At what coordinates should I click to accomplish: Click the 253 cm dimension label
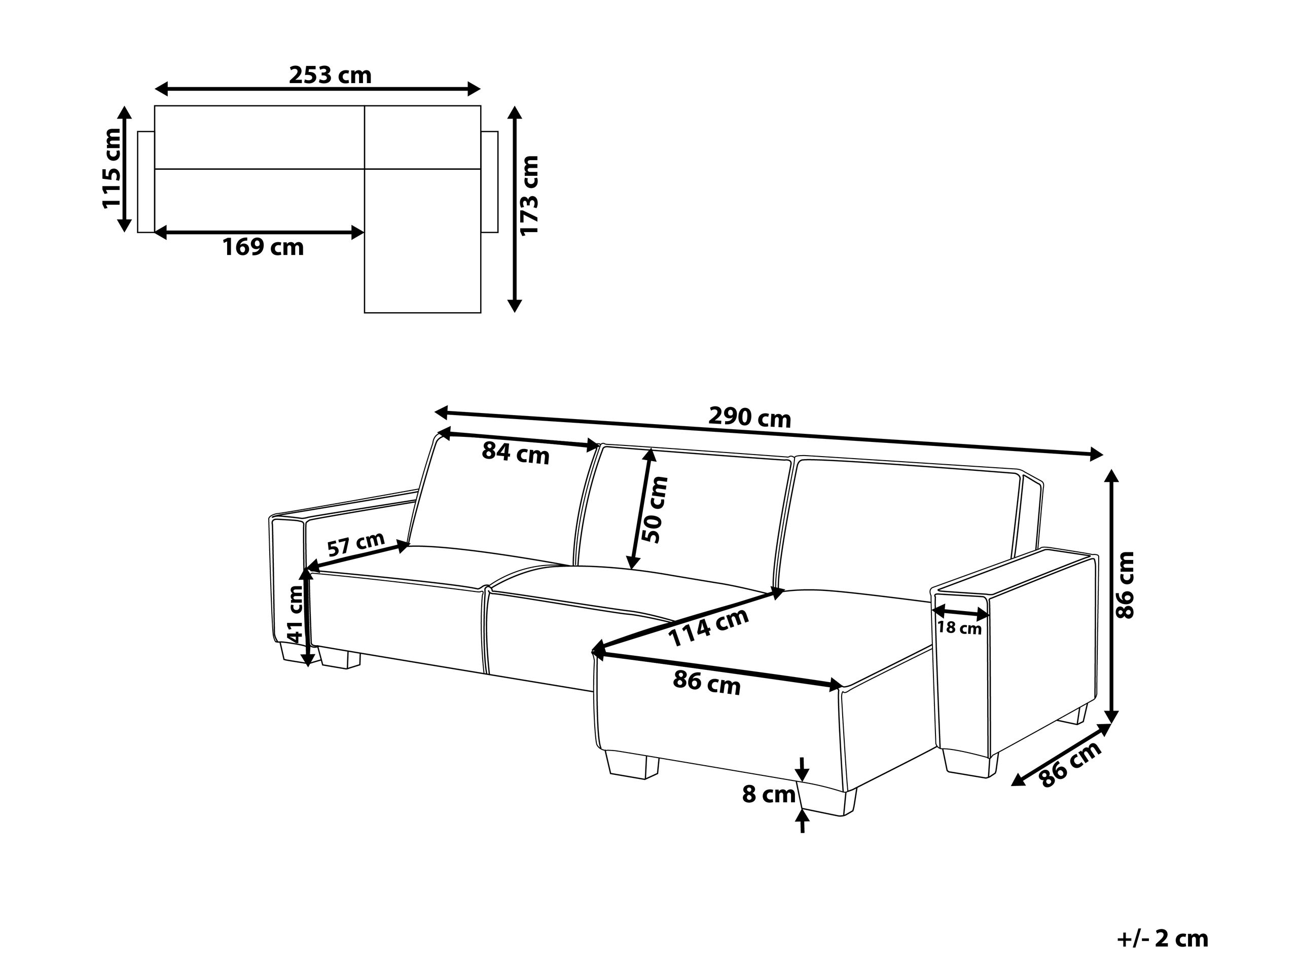[x=331, y=75]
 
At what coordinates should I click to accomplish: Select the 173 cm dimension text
[x=529, y=195]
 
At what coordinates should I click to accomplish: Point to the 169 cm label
[x=263, y=247]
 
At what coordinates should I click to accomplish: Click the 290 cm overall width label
[x=750, y=417]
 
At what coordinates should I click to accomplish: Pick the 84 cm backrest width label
[x=516, y=453]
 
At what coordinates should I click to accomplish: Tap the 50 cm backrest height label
[x=655, y=510]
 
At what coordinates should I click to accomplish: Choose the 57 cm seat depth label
[x=356, y=544]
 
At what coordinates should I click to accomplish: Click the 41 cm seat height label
[x=295, y=614]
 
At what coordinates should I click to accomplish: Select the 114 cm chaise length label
[x=709, y=627]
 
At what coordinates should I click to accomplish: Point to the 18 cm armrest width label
[x=959, y=628]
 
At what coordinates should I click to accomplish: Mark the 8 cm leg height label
[x=769, y=795]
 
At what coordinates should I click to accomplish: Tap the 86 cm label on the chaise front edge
[x=706, y=683]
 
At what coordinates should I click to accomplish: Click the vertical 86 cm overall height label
[x=1126, y=585]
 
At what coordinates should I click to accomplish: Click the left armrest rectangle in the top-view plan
[x=146, y=182]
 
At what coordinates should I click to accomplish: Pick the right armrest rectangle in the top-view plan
[x=489, y=182]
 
